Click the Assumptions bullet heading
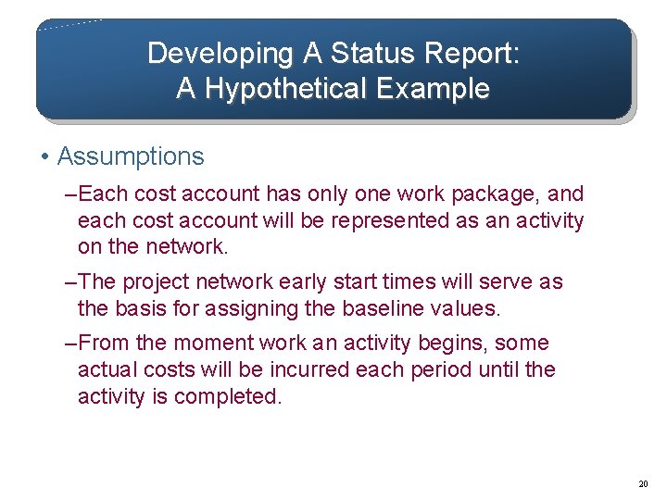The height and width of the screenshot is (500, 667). [131, 156]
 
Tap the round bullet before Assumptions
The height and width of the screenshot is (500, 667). [45, 156]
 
